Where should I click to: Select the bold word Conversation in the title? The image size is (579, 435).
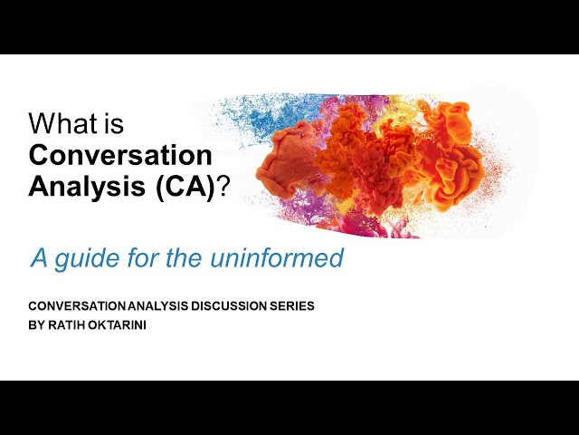coord(120,154)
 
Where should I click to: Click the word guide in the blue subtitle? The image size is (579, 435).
coord(92,258)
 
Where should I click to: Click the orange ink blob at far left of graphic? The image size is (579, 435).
coord(280,163)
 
